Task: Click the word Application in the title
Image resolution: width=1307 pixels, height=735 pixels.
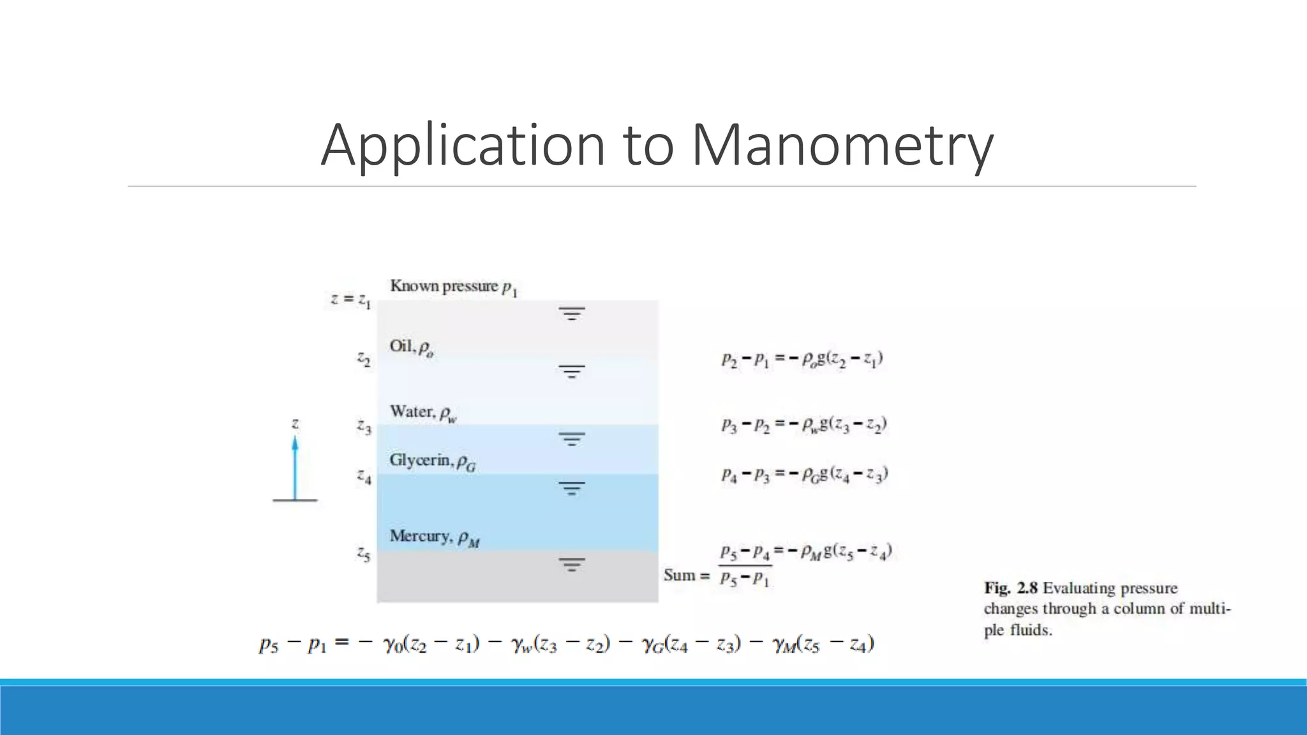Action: click(x=463, y=145)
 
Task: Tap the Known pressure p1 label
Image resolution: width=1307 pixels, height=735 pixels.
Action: click(x=453, y=287)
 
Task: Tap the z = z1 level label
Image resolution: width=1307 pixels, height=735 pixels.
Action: click(x=350, y=299)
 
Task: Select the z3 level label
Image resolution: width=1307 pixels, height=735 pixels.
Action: click(x=364, y=426)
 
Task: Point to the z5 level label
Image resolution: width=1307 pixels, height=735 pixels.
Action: click(x=363, y=554)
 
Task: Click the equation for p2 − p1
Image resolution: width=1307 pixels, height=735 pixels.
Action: click(x=802, y=359)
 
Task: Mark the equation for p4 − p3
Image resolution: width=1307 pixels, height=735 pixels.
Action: click(x=805, y=475)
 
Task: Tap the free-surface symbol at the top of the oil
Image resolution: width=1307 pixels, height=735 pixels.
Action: click(x=572, y=313)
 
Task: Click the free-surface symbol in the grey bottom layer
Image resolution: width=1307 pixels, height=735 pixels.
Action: click(x=572, y=565)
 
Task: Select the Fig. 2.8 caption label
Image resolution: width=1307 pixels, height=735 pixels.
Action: click(x=1011, y=588)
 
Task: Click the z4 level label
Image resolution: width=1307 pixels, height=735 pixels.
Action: click(x=364, y=476)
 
